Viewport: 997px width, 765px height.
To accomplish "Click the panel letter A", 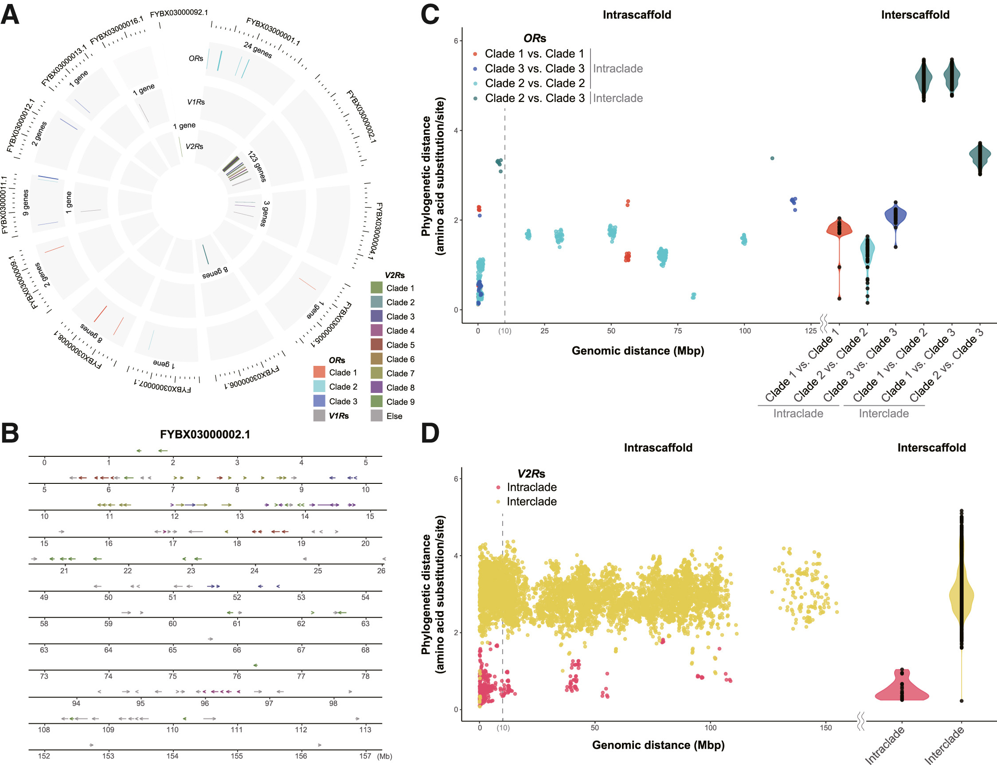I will click(x=10, y=15).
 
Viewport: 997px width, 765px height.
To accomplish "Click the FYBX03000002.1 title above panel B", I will click(x=205, y=435).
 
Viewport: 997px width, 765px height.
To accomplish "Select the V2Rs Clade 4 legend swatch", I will click(x=376, y=330).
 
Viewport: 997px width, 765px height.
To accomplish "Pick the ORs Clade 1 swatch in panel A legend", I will click(x=319, y=372).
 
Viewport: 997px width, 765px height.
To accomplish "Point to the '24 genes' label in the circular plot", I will click(x=258, y=50).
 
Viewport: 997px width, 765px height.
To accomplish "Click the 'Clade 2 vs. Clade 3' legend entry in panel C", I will click(x=535, y=98).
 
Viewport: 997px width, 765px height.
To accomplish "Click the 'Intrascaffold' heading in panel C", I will click(x=637, y=15).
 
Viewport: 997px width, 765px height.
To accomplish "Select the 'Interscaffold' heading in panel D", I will click(x=931, y=447).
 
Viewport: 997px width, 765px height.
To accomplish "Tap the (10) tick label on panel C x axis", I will click(x=504, y=331).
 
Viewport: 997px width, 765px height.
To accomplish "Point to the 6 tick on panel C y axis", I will click(x=456, y=40).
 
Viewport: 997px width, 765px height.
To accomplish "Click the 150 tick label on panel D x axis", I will click(x=825, y=728).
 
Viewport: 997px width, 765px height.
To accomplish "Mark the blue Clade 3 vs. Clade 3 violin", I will click(x=895, y=216).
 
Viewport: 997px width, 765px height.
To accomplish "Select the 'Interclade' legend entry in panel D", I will click(x=531, y=501).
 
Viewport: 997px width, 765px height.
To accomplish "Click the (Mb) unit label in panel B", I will click(x=385, y=756).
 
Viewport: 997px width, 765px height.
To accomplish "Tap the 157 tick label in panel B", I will click(x=365, y=756).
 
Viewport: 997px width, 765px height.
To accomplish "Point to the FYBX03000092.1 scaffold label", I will click(x=179, y=13).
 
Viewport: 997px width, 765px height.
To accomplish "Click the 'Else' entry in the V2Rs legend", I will click(x=394, y=416).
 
